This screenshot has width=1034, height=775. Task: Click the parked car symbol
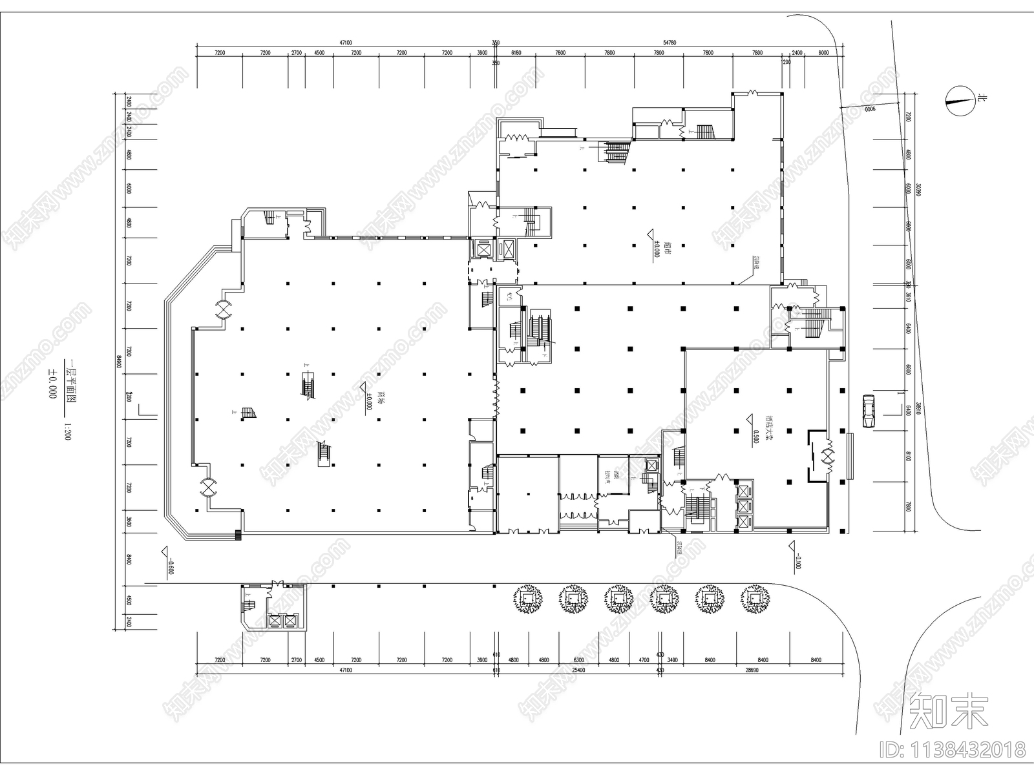869,411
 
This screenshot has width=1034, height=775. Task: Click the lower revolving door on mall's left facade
208,487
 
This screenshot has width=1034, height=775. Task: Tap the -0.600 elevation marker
171,567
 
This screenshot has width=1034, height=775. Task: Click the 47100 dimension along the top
346,43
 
